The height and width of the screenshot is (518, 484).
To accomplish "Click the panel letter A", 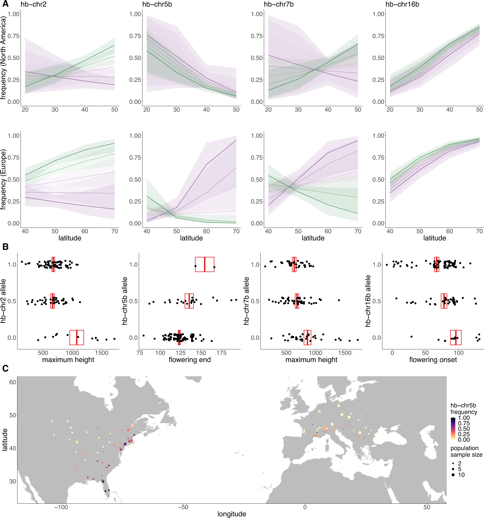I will (5, 4).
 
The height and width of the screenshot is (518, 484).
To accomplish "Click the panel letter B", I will (5, 247).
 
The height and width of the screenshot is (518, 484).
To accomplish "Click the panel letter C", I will (5, 368).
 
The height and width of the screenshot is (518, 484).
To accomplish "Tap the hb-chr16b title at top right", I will (402, 4).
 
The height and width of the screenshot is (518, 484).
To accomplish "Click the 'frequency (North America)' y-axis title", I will (3, 58).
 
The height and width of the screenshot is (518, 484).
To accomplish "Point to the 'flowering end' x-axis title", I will (190, 360).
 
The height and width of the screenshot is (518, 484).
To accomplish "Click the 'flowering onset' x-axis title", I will (433, 360).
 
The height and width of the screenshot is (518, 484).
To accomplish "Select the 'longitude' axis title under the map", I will (232, 514).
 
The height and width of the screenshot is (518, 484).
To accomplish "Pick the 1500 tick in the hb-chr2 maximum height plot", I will (101, 353).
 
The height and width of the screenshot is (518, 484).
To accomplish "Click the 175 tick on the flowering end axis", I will (221, 353).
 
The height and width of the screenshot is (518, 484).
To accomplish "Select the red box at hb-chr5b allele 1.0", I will (204, 264).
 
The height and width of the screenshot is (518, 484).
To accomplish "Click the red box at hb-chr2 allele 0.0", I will (77, 337).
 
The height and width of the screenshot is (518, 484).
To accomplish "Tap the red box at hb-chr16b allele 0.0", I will (456, 337).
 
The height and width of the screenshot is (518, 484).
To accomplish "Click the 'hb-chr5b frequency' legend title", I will (464, 408).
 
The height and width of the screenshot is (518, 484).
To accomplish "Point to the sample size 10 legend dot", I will (453, 475).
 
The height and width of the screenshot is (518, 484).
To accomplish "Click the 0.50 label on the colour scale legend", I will (464, 429).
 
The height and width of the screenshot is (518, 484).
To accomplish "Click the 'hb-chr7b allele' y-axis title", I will (246, 301).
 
